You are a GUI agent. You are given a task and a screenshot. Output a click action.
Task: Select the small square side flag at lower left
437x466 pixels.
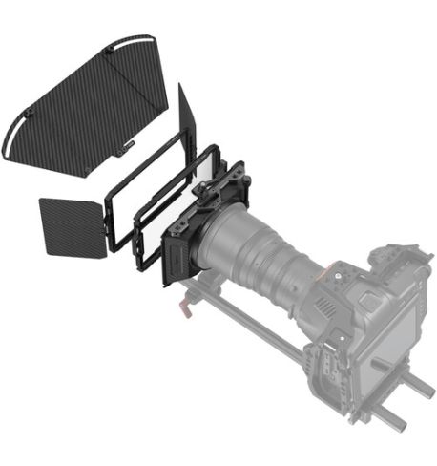(x=71, y=224)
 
